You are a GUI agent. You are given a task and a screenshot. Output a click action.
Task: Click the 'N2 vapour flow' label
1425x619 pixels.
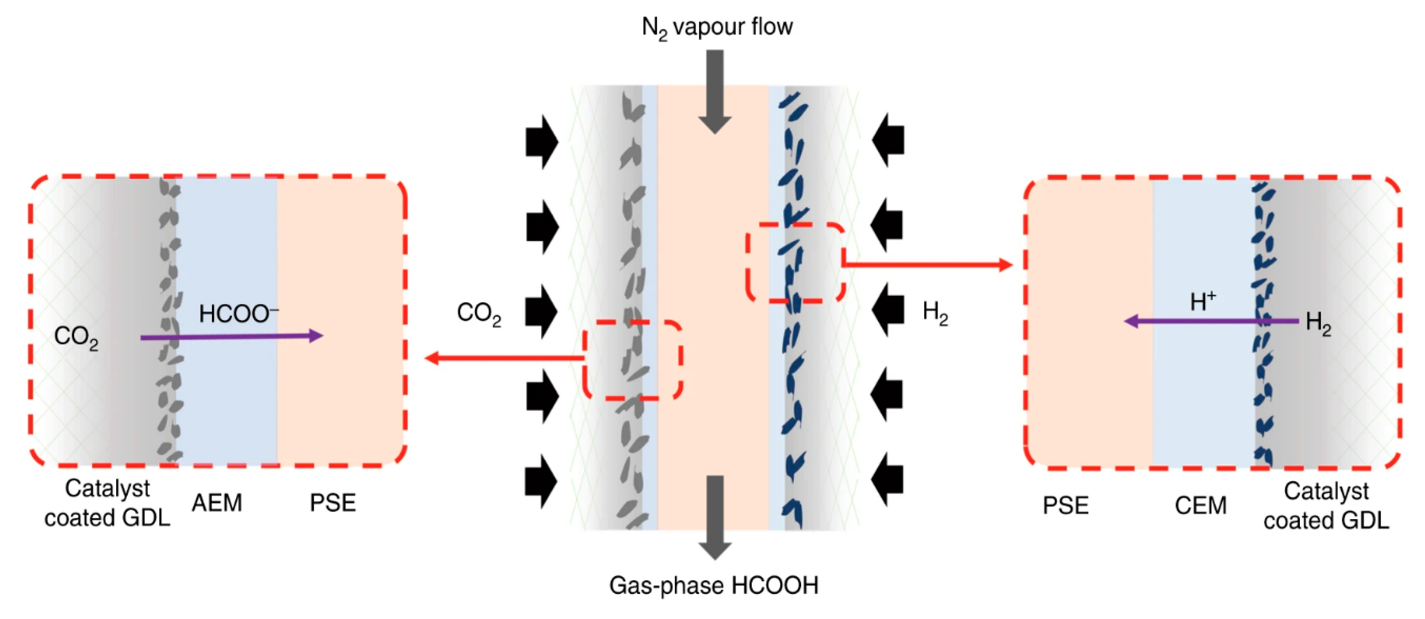tap(717, 27)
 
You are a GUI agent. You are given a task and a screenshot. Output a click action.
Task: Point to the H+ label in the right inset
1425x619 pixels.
tap(1203, 302)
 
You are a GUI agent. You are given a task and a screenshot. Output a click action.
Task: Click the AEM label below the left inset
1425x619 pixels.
tap(217, 503)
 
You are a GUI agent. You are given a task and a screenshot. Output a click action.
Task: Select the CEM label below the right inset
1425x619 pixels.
tap(1200, 506)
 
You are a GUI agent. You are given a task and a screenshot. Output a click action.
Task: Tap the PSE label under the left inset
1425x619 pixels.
tap(332, 503)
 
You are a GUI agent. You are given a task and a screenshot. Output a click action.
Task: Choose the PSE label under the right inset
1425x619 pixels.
tap(1066, 506)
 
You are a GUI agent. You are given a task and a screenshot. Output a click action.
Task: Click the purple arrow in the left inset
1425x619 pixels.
tap(232, 336)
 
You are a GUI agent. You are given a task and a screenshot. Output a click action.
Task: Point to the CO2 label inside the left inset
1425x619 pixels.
tap(76, 337)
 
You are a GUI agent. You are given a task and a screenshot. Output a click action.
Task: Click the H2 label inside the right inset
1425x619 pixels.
tap(1318, 323)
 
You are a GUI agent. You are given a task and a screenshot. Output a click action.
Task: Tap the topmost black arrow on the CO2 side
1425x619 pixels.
tap(541, 142)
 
